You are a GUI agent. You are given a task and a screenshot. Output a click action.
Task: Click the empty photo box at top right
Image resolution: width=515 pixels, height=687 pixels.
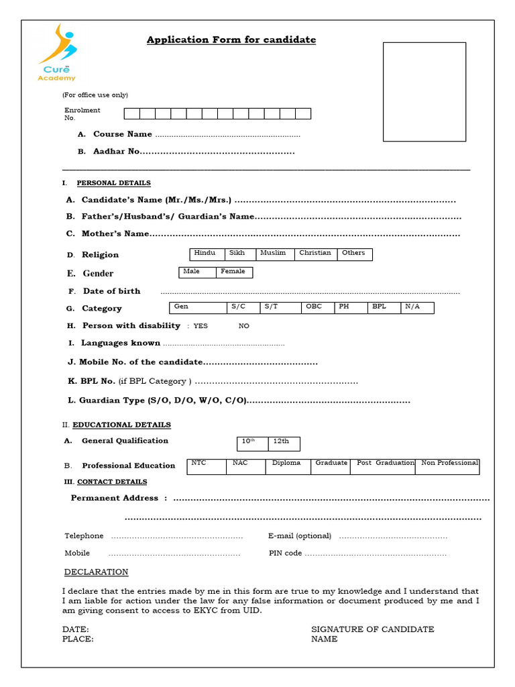[x=424, y=92]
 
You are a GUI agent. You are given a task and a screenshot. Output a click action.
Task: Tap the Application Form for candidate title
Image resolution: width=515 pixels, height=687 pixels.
[x=231, y=40]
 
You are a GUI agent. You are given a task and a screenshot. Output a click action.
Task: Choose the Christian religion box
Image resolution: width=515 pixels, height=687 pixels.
[x=315, y=254]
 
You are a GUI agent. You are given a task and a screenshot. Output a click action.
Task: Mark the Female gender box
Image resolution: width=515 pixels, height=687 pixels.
[x=234, y=272]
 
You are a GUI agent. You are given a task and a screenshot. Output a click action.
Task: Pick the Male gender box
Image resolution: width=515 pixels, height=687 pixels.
[x=197, y=272]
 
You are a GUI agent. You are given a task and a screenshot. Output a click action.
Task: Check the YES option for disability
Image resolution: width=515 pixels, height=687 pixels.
[x=201, y=326]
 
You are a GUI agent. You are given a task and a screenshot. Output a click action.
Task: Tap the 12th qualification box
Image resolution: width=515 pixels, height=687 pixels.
[x=284, y=443]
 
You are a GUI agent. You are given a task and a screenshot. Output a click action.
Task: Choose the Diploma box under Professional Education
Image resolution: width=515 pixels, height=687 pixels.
[x=288, y=466]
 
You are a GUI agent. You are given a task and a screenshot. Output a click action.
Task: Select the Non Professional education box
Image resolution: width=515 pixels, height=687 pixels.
[x=447, y=466]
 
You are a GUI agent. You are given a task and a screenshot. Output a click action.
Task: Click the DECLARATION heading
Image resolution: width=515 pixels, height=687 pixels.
[x=96, y=572]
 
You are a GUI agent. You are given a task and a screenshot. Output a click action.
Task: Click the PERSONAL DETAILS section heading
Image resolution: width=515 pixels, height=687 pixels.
[x=113, y=183]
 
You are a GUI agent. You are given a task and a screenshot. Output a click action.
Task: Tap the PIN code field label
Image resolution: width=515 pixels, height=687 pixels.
[x=285, y=553]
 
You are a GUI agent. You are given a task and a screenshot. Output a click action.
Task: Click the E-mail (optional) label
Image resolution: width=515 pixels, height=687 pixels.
[x=300, y=536]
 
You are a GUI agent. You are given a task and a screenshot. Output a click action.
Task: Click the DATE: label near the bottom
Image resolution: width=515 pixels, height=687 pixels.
[x=75, y=629]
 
